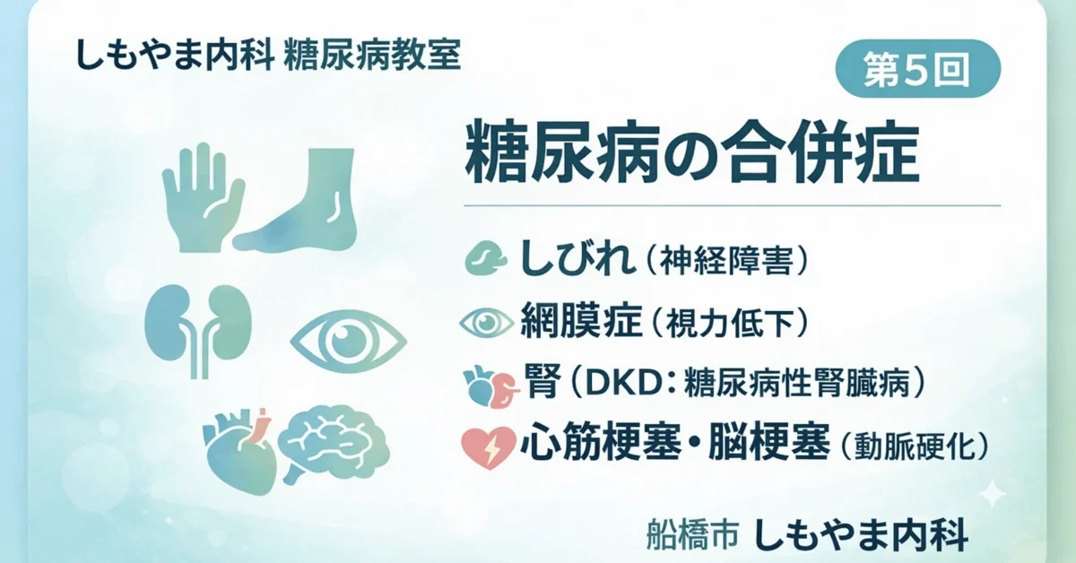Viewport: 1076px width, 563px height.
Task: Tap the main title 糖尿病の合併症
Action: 691,153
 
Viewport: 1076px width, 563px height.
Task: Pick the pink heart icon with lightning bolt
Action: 487,446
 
